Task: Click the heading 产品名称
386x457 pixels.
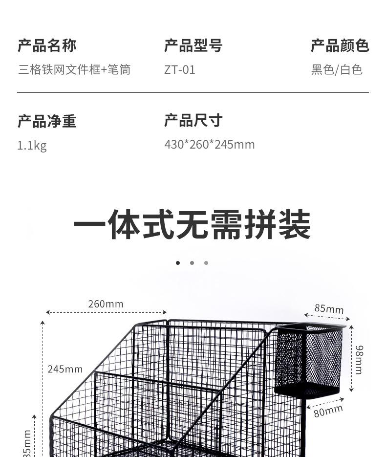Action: tap(47, 46)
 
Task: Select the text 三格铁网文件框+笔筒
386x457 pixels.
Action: tap(74, 69)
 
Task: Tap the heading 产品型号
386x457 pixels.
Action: tap(193, 46)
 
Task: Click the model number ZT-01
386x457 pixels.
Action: tap(180, 70)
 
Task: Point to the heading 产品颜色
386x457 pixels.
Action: tap(340, 46)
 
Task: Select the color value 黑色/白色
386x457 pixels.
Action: tap(337, 70)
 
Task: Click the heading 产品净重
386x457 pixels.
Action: tap(47, 121)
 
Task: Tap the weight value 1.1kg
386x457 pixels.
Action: tap(32, 146)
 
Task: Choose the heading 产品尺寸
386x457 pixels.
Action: tap(193, 121)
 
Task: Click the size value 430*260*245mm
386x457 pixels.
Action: tap(210, 145)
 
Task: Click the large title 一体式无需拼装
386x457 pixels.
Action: tap(193, 225)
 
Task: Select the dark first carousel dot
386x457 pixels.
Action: tap(178, 263)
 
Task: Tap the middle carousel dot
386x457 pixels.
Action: tap(192, 263)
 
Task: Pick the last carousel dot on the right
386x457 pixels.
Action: tap(206, 263)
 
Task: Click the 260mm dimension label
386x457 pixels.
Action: tap(106, 304)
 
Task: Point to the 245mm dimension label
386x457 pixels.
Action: tap(65, 369)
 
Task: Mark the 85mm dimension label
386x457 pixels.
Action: tap(329, 309)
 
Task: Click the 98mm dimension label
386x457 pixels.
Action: tap(359, 359)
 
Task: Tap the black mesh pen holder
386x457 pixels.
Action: tap(309, 361)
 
